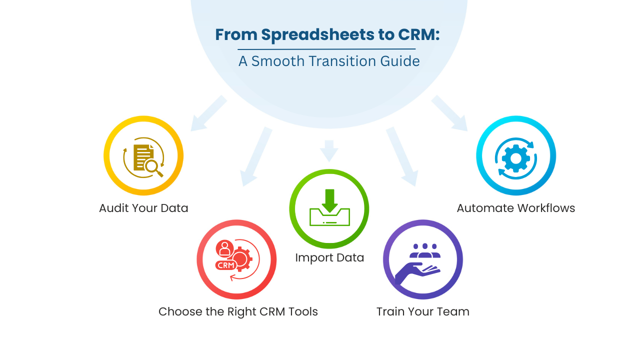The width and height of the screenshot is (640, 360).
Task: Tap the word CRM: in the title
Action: coord(419,35)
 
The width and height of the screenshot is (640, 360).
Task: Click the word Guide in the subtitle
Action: coord(400,61)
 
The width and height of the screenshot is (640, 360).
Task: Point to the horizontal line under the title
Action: coord(326,49)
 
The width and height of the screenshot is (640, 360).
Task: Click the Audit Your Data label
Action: coord(143,208)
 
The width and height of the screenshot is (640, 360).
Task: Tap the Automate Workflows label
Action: coord(515,208)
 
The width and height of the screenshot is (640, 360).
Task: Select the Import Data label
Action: coord(329,257)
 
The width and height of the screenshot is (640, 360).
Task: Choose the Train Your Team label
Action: coord(422,311)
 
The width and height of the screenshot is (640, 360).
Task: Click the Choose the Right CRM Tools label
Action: coord(238,311)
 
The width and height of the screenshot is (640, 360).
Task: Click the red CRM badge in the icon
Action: coord(226,265)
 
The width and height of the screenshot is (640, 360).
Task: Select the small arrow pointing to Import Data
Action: coord(328,150)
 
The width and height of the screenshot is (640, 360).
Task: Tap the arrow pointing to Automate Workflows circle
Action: coord(450,114)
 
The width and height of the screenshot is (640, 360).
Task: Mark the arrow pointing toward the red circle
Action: coord(256,157)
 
